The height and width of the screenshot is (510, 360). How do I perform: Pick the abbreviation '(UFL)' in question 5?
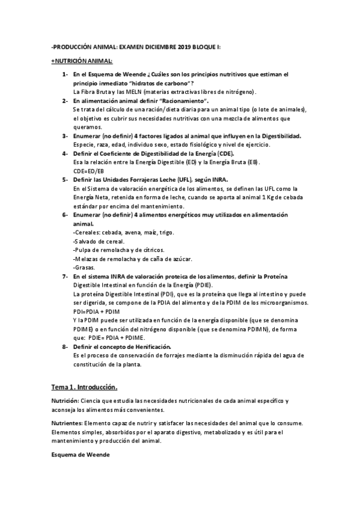(x=185, y=180)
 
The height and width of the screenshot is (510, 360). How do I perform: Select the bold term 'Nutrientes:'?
(x=66, y=423)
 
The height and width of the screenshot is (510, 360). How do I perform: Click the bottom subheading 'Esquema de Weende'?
(x=76, y=455)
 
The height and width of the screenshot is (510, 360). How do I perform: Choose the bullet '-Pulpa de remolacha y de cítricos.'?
(x=118, y=250)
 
